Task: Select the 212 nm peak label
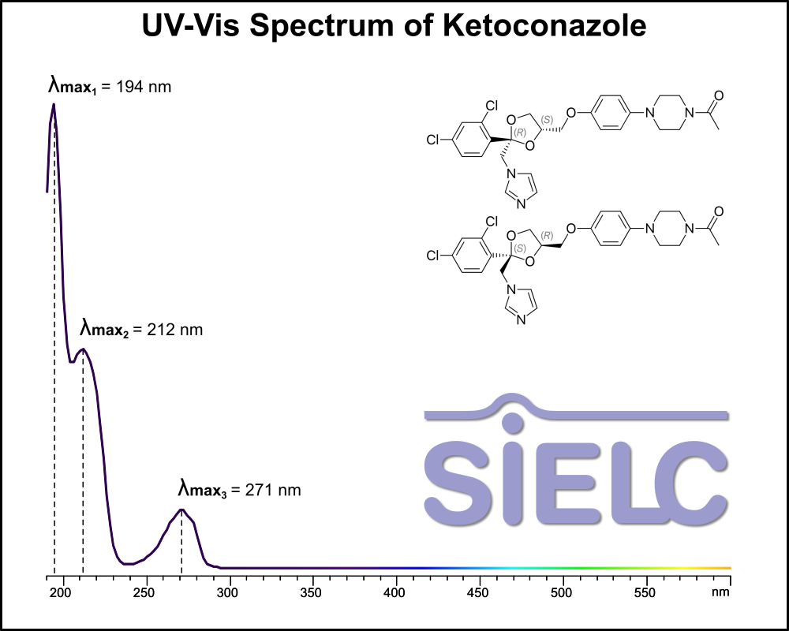click(x=141, y=328)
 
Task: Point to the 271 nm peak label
click(x=239, y=489)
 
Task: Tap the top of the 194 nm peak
click(x=53, y=104)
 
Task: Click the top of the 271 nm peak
click(x=181, y=510)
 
